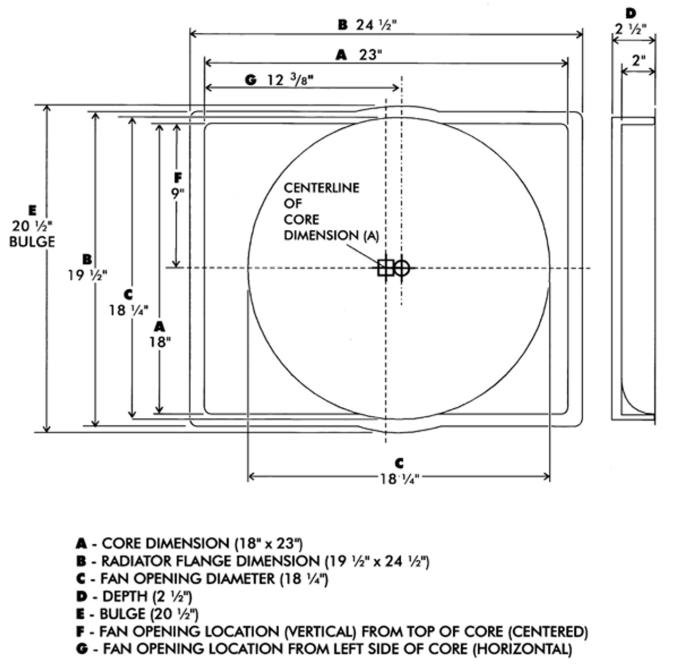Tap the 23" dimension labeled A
coord(361,55)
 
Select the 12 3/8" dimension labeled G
coord(281,79)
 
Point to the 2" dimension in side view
coord(638,61)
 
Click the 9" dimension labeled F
coord(178,185)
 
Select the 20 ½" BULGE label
coord(33,226)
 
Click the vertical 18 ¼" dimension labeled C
coord(128,303)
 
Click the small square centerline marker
coord(385,267)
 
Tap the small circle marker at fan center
coord(402,267)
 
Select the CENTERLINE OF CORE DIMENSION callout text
coord(320,211)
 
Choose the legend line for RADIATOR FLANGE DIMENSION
coord(252,561)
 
